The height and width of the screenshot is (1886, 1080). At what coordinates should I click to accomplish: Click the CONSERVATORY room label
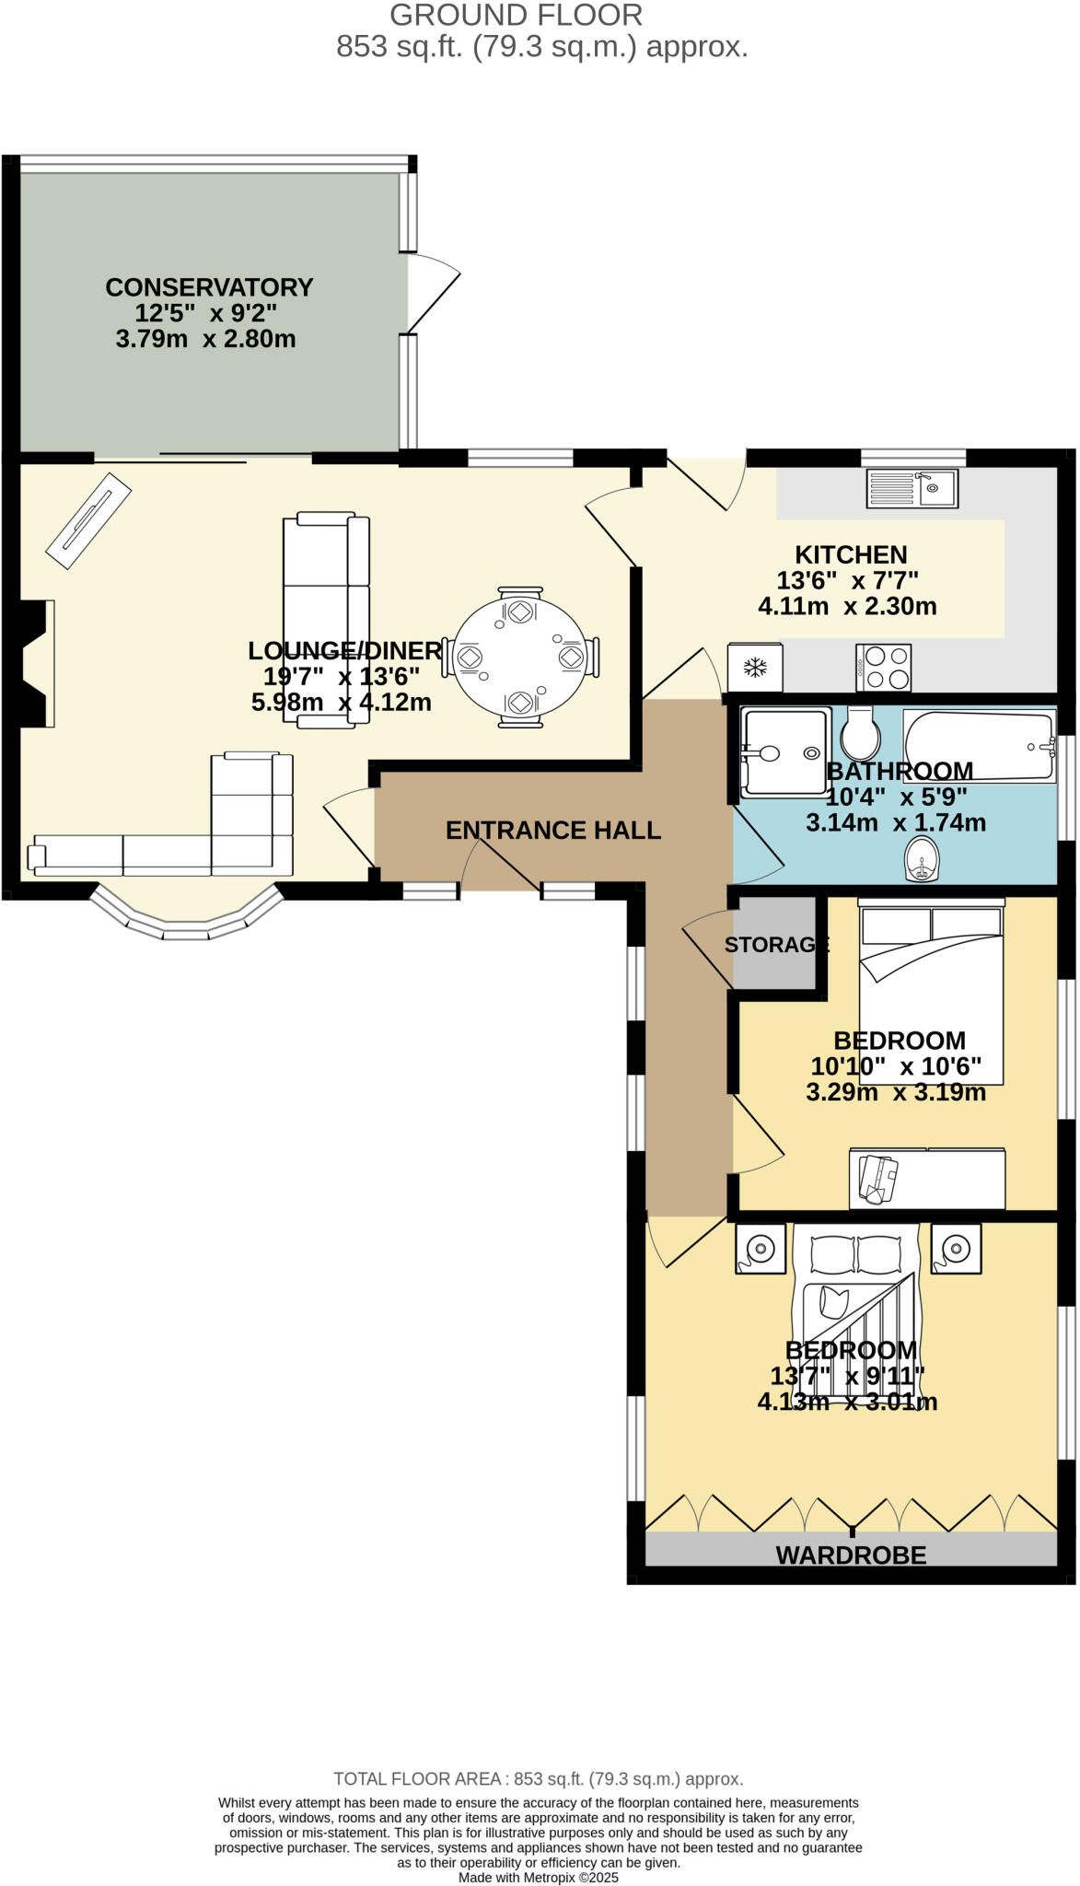point(209,287)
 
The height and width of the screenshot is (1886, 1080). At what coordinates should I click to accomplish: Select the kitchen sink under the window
point(912,488)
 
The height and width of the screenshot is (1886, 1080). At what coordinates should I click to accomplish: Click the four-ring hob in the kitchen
point(884,668)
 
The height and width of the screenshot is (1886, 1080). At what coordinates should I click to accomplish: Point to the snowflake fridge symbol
point(755,668)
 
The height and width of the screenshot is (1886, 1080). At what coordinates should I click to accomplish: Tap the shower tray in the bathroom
point(785,751)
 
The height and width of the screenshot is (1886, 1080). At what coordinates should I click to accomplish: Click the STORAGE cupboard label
point(776,945)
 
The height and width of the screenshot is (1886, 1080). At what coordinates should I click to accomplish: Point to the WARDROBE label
point(851,1555)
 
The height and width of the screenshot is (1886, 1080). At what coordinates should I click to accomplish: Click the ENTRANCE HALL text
point(552,831)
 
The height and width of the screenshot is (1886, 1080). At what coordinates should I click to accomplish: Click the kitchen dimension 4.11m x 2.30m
point(847,607)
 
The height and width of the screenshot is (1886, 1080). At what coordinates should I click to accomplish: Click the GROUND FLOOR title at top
point(516,16)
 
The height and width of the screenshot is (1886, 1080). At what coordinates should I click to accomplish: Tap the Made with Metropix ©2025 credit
point(539,1877)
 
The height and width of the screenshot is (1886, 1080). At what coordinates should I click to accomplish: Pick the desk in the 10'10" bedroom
point(927,1178)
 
